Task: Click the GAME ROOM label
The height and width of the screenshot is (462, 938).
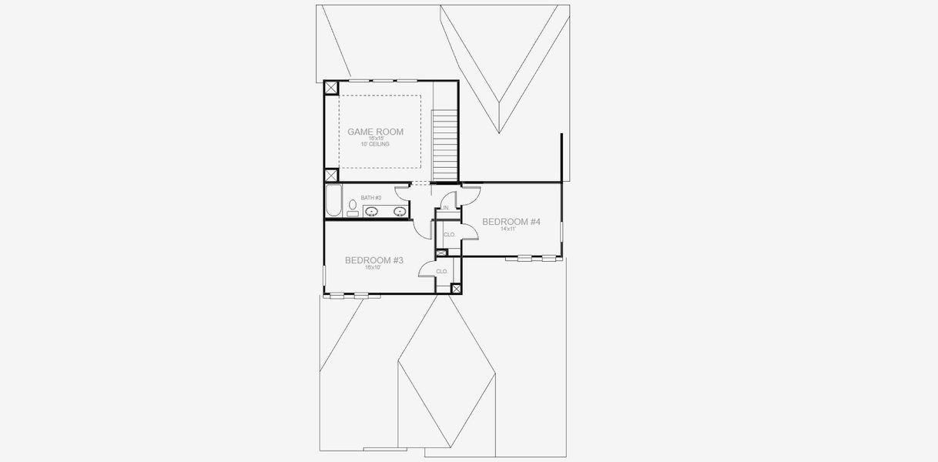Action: click(x=375, y=132)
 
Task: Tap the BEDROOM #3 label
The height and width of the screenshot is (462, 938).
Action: click(x=374, y=260)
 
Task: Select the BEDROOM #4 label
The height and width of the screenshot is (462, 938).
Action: click(x=511, y=222)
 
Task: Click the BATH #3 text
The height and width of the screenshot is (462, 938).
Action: click(x=371, y=198)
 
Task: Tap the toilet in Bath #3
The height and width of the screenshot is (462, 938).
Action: click(x=353, y=208)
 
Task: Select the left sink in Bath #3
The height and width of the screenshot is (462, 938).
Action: click(x=372, y=211)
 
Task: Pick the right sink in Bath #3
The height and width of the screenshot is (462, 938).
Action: click(x=400, y=211)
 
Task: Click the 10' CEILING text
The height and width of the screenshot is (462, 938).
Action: click(x=374, y=145)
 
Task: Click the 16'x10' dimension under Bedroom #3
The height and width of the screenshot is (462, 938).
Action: click(x=373, y=268)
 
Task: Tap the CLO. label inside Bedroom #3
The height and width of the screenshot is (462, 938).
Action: click(x=442, y=272)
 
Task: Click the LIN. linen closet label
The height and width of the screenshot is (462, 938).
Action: click(x=445, y=208)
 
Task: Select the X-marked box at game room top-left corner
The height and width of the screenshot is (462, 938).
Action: click(x=330, y=88)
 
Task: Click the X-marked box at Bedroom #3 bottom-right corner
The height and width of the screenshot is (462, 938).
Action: click(x=455, y=288)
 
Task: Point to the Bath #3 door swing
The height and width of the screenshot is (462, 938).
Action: click(x=403, y=192)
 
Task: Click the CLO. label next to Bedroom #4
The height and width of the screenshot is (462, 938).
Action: click(x=450, y=235)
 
